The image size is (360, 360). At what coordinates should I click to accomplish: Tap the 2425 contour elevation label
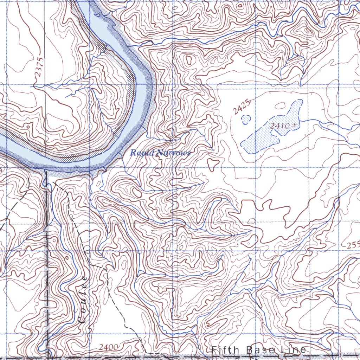click(x=242, y=107)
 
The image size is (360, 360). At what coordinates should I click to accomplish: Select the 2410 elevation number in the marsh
click(x=279, y=126)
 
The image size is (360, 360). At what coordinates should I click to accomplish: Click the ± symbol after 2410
click(x=292, y=126)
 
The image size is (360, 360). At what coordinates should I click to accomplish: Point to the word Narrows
click(x=174, y=153)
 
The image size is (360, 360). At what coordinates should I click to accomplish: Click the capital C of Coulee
click(x=82, y=319)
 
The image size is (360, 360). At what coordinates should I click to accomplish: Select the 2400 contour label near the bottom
click(x=108, y=347)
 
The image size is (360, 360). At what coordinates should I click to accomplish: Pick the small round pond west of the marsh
click(x=246, y=119)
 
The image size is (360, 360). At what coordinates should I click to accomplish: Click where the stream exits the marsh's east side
click(x=303, y=120)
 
